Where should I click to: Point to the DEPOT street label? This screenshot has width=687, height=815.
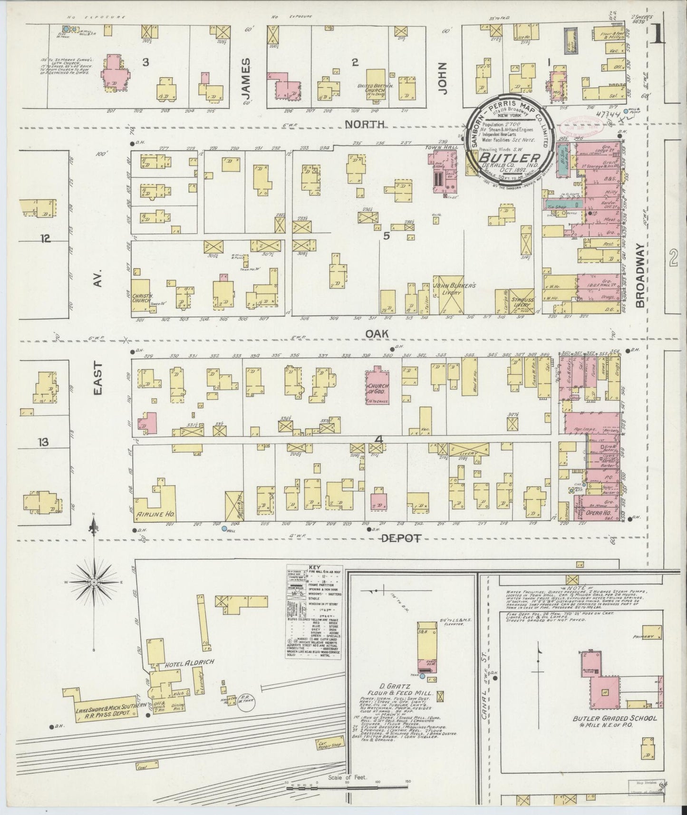coord(402,538)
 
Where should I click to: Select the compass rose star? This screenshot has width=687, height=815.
coord(95,582)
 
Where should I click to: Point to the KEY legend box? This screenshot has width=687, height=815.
coord(313,611)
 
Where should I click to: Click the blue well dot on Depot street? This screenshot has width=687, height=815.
coord(224,528)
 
